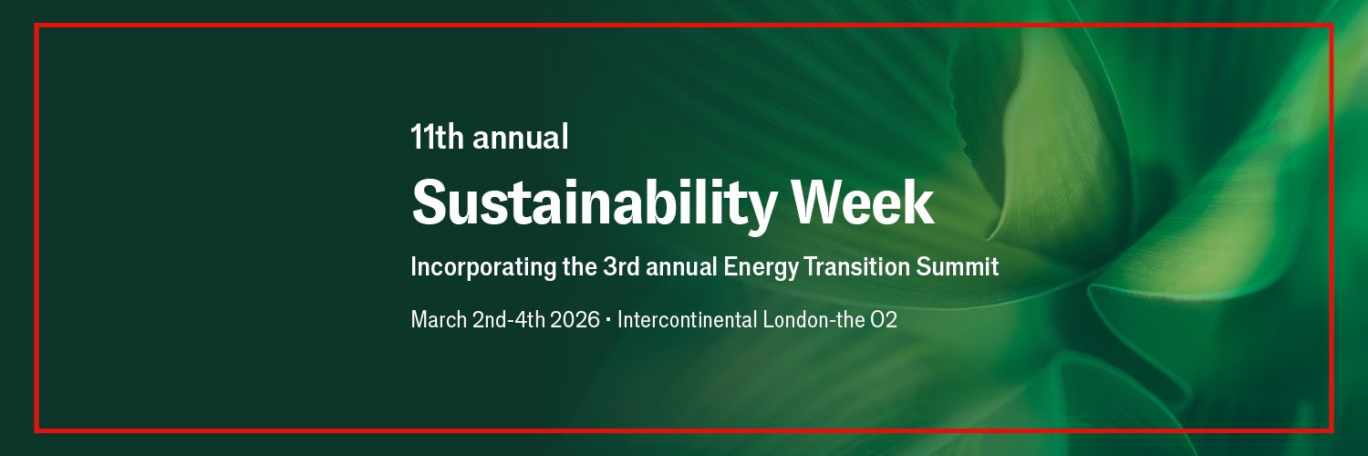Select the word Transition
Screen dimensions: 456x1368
tap(851, 267)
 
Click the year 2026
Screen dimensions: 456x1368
tap(575, 320)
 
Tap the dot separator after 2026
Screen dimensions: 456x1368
tap(608, 320)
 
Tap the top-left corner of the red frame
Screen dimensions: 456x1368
tap(36, 25)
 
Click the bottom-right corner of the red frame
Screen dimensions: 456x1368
tap(1332, 430)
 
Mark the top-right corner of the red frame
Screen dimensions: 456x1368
tap(1332, 25)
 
